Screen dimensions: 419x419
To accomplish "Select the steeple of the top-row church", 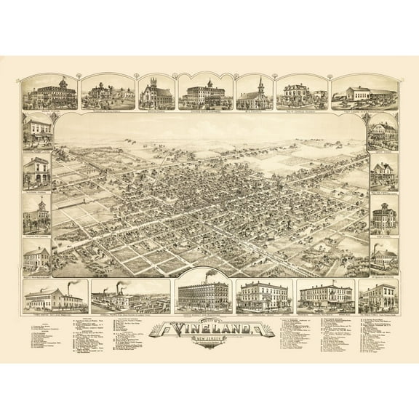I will pos(260,82).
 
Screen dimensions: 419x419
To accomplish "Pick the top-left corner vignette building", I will pos(50,94).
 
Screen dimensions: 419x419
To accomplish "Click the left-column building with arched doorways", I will pos(37,172).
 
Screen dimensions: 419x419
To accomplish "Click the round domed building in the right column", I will pos(383,218).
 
